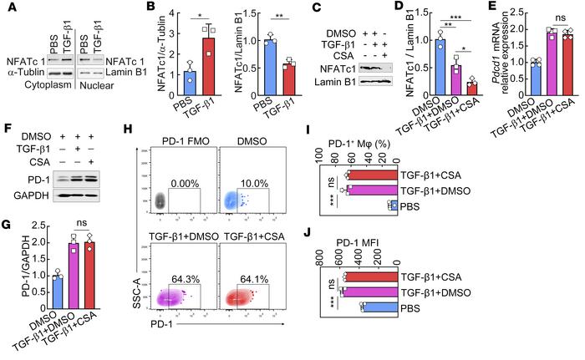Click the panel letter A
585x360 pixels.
coord(7,8)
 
